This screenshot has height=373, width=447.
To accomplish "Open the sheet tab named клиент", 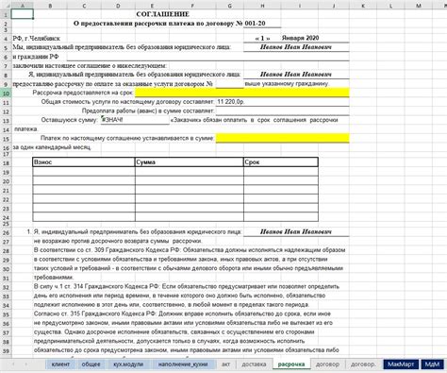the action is (61, 363).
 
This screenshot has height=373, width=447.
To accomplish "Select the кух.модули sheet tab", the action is (125, 363).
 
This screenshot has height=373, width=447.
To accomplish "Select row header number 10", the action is (7, 93).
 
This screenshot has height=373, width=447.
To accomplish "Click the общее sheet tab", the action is (91, 363).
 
